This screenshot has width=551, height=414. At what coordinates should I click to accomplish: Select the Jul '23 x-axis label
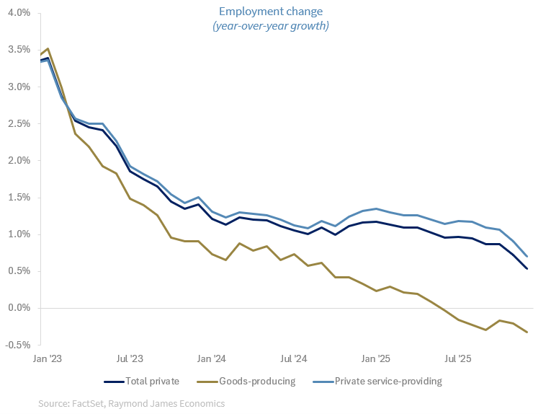click(129, 358)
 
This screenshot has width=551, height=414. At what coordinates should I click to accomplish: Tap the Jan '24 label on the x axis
click(212, 358)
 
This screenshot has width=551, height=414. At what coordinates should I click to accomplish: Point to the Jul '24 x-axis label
click(293, 358)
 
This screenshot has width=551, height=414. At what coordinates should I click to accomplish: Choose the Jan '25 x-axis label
click(375, 358)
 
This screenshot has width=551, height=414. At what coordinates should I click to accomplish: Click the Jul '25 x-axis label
click(457, 358)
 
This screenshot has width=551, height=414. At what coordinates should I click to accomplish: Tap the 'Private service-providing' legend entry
click(377, 381)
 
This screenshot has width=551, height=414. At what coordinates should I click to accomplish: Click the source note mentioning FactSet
click(132, 404)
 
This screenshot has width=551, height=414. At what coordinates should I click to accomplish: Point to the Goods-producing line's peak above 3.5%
click(48, 49)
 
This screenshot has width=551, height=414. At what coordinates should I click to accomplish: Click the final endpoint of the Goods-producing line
click(527, 332)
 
